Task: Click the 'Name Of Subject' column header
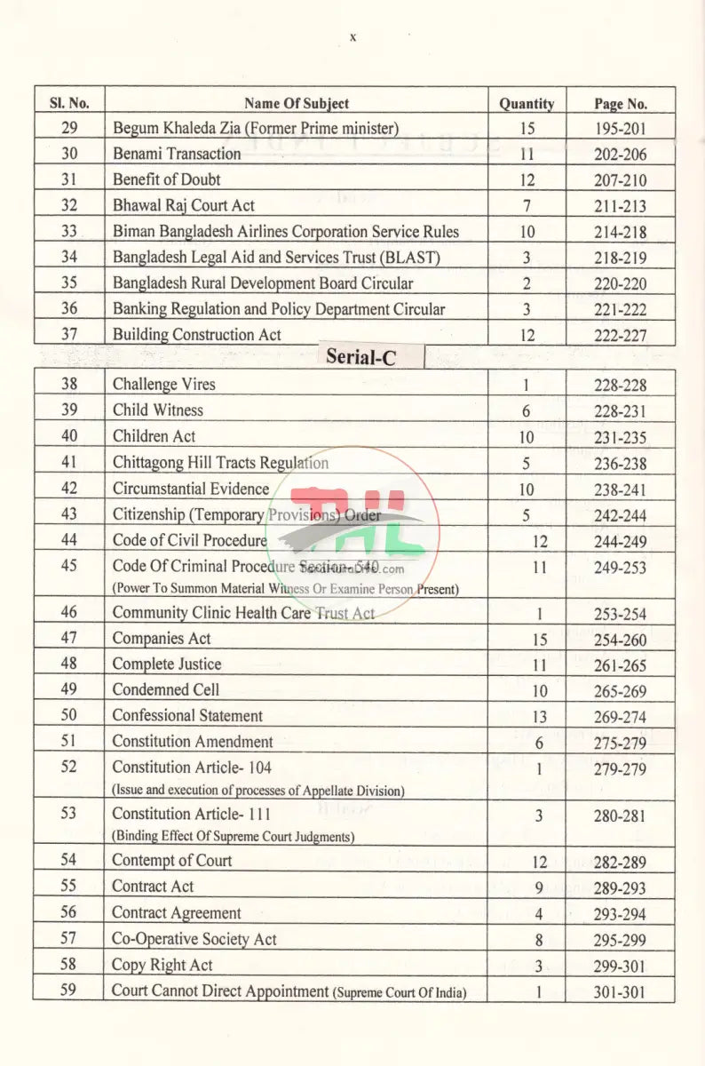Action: [296, 103]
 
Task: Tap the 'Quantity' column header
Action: [527, 103]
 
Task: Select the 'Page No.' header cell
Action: [621, 103]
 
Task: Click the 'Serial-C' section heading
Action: [360, 357]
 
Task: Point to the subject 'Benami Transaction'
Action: [177, 154]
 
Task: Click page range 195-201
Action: [621, 129]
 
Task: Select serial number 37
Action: [69, 335]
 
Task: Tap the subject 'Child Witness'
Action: [157, 410]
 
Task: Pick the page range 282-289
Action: [621, 862]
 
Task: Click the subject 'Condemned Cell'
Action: [165, 689]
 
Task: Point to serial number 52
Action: [69, 768]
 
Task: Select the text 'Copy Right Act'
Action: [162, 965]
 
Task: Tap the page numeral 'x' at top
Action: [352, 37]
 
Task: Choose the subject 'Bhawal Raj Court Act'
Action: [183, 205]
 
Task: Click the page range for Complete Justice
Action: [621, 665]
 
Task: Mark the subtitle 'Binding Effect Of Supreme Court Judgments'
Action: [233, 836]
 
